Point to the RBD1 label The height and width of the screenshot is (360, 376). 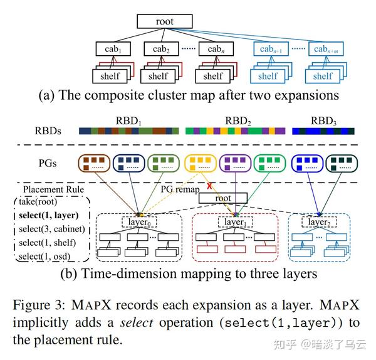(128, 120)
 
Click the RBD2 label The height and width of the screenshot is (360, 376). (238, 120)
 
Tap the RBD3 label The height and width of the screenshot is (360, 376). (323, 120)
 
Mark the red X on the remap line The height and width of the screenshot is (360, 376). (209, 186)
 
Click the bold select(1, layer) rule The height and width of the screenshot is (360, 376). (49, 215)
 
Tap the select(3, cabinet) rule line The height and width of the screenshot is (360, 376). (52, 229)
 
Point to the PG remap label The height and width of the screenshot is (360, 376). (180, 189)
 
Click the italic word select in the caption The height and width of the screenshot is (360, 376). (137, 322)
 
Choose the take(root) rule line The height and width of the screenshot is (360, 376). (38, 201)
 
